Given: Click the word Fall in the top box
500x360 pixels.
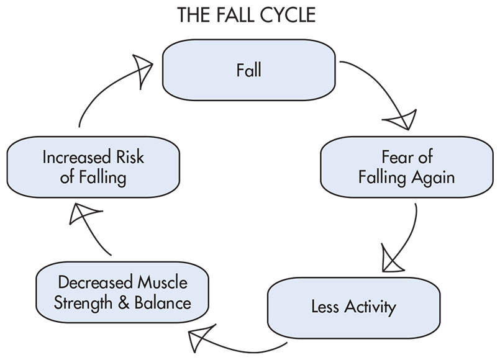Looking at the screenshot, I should [x=248, y=70].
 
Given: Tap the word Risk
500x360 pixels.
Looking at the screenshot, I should [x=130, y=158].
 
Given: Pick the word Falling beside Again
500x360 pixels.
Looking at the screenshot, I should [x=382, y=178].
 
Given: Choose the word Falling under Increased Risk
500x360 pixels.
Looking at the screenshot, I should [x=102, y=178].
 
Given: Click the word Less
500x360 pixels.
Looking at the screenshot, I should [x=325, y=307].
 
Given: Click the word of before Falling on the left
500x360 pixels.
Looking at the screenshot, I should [x=68, y=178].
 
